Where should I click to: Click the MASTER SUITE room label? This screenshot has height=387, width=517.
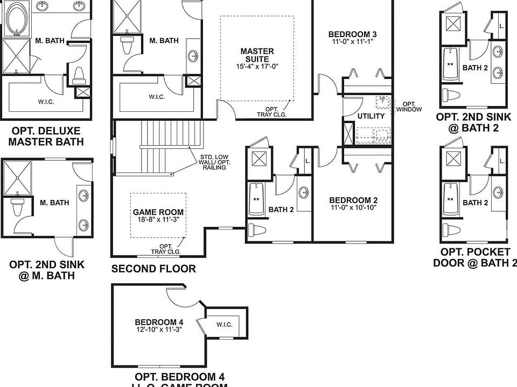coord(257,52)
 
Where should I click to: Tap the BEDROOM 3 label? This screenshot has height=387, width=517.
coord(352,35)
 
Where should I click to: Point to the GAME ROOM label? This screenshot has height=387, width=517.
coord(158,212)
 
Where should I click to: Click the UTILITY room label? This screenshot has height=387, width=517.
coord(371,116)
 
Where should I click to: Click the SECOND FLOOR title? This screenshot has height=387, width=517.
coord(153,269)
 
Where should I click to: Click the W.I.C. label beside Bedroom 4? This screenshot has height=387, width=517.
coord(224,324)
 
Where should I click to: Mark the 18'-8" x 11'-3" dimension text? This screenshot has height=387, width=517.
coord(158,220)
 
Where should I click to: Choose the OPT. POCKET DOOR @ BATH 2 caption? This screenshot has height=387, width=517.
coord(474,257)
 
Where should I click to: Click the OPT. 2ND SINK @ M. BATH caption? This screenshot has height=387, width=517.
coord(47,270)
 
